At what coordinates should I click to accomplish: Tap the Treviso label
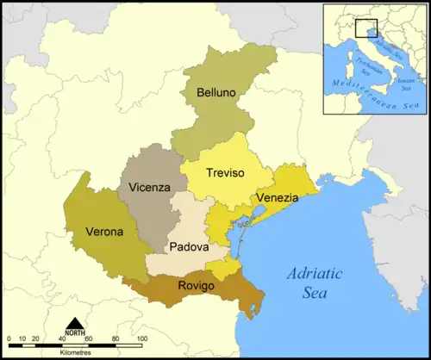[x=225, y=173]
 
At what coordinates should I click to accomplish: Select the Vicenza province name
[x=149, y=187]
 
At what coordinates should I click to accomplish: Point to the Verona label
[x=104, y=232]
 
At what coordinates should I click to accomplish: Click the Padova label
[x=189, y=246]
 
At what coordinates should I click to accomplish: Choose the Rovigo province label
[x=196, y=286]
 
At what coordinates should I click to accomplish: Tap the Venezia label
[x=277, y=198]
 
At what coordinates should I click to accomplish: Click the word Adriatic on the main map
[x=314, y=274]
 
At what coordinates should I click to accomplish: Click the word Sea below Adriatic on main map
[x=315, y=293]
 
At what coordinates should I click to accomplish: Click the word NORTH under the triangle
[x=75, y=333]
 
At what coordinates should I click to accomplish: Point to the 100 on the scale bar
[x=141, y=338]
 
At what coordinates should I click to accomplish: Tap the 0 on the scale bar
[x=9, y=338]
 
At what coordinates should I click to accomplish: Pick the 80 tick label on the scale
[x=115, y=338]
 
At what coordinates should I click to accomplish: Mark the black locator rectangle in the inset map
[x=366, y=30]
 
